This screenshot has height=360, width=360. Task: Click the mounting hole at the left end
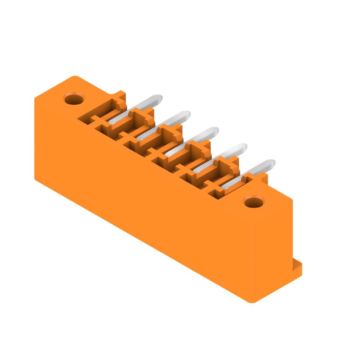point(74,98)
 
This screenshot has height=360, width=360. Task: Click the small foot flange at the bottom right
point(297,269)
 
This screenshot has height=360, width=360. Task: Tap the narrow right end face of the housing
point(272,252)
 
